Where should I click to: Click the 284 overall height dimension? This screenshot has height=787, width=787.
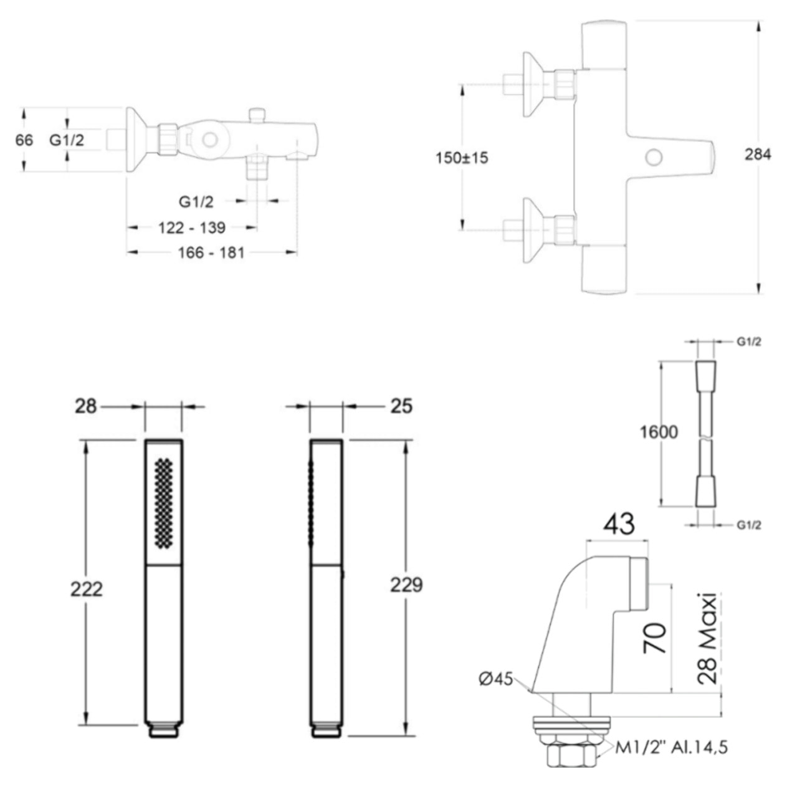click(x=758, y=155)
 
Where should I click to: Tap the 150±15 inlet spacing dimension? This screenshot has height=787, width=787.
click(x=462, y=158)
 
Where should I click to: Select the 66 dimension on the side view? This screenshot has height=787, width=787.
click(x=24, y=140)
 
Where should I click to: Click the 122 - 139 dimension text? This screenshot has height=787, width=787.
click(x=192, y=227)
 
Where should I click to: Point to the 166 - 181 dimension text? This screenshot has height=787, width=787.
click(x=211, y=252)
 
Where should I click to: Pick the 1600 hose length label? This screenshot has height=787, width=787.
click(x=659, y=432)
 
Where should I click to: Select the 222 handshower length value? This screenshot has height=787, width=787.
click(x=87, y=589)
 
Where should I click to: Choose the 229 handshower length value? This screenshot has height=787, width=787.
click(x=406, y=585)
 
